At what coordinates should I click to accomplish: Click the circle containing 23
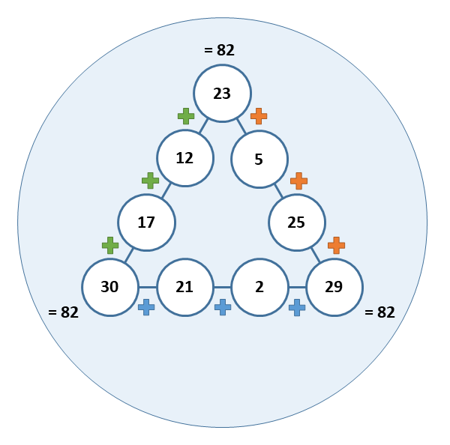point(223,94)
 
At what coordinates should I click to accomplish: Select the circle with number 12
point(185,158)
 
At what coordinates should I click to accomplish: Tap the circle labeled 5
point(259,159)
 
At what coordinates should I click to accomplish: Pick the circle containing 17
point(147,222)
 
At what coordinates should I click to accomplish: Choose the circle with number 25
point(297,222)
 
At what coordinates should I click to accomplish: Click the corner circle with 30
point(110,287)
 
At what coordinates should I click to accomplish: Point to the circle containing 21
point(185,287)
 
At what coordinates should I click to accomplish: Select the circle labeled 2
point(259,287)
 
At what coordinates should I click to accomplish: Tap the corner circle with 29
point(334,287)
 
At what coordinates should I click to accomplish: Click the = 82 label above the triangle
point(219,50)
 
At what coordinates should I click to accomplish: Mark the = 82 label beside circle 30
point(64,312)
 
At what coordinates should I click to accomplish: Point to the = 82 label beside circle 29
point(379,312)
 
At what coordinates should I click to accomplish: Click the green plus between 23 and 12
point(186,116)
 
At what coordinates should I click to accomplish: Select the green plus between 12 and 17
point(151,181)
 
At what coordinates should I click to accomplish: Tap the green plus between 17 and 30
point(110,246)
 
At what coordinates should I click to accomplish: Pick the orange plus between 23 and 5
point(259,116)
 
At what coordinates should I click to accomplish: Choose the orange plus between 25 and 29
point(336,246)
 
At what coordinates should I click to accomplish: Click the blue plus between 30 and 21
point(146,307)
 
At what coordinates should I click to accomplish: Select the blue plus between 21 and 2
point(223,307)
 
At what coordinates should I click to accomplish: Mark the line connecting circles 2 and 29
point(297,287)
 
